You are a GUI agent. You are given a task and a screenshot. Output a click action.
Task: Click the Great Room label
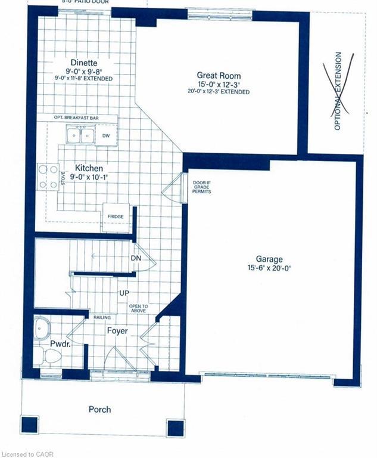tap(219, 76)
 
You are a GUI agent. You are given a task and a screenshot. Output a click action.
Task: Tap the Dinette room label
tap(83, 63)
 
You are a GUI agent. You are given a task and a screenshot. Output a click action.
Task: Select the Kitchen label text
tap(89, 169)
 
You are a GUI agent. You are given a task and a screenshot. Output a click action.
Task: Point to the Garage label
tap(269, 259)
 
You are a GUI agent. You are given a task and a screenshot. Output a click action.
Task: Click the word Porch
tap(99, 409)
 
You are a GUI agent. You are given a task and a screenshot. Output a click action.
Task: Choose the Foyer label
tap(117, 330)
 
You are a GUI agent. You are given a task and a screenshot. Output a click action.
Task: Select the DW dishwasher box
tap(106, 135)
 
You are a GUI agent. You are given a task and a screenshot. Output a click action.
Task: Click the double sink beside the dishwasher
tap(80, 135)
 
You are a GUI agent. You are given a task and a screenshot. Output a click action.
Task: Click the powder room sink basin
tap(42, 329)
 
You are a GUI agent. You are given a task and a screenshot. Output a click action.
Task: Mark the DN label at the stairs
tap(136, 258)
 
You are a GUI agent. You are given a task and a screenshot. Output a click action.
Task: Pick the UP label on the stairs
tap(123, 294)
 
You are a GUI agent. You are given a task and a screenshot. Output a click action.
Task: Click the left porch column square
tap(29, 425)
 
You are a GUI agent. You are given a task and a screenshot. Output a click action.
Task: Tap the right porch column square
tap(175, 428)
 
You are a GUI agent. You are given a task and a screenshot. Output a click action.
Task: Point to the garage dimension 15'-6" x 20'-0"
tap(269, 268)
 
